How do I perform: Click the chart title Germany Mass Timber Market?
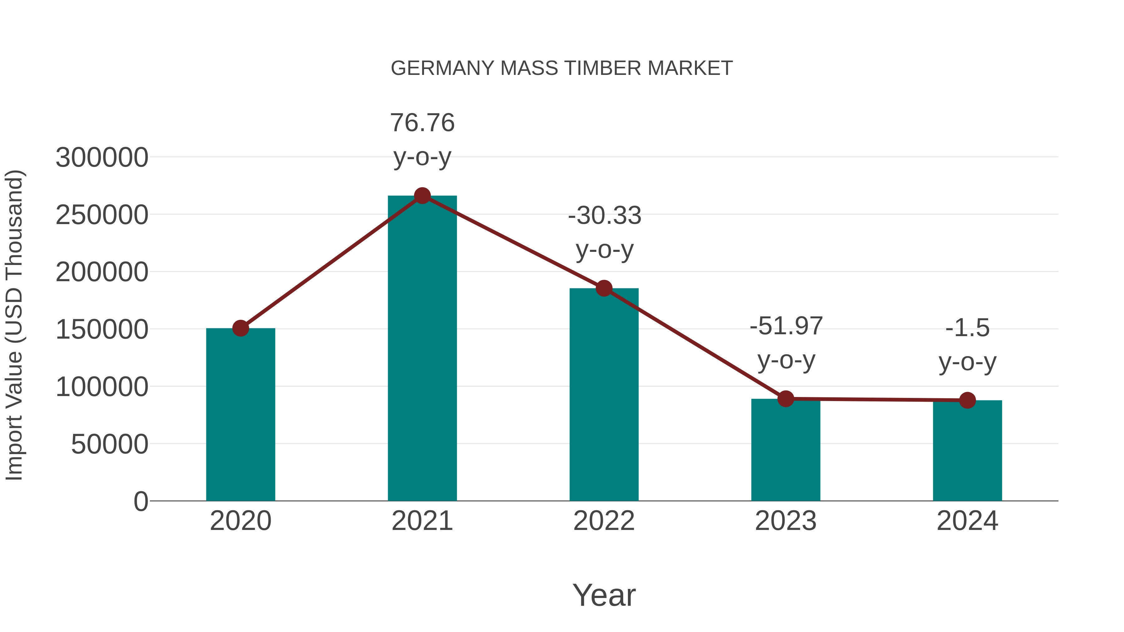point(561,68)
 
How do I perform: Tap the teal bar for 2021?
point(422,349)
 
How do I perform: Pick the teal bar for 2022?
point(604,395)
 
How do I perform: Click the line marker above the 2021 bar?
point(422,196)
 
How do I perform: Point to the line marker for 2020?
point(240,328)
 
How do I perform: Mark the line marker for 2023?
point(786,399)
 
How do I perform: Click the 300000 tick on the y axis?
point(102,158)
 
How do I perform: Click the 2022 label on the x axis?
point(604,521)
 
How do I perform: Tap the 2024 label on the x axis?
point(967,521)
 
